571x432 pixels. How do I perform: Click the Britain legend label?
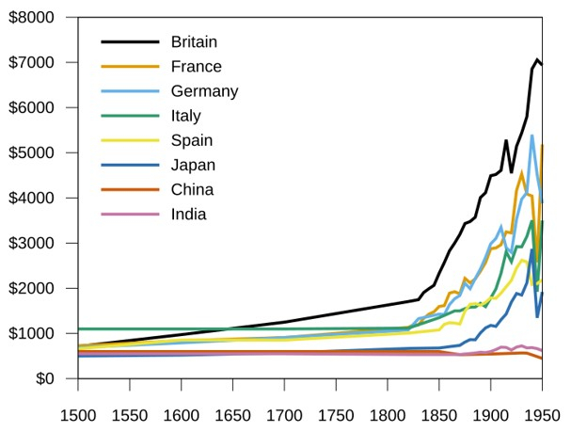pyautogui.click(x=194, y=41)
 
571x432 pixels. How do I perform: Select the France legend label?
pyautogui.click(x=196, y=67)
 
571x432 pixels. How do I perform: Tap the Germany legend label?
pyautogui.click(x=204, y=91)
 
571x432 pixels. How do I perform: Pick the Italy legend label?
pyautogui.click(x=186, y=116)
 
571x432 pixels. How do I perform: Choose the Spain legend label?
pyautogui.click(x=192, y=140)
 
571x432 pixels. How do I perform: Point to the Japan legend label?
pyautogui.click(x=193, y=165)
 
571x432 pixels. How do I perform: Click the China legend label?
pyautogui.click(x=192, y=189)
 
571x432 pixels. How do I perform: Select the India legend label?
pyautogui.click(x=188, y=214)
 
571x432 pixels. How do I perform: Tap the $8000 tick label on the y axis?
pyautogui.click(x=31, y=18)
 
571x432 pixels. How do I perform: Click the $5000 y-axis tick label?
pyautogui.click(x=31, y=153)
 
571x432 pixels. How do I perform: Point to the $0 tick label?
pyautogui.click(x=42, y=379)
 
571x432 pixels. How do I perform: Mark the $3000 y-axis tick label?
pyautogui.click(x=31, y=244)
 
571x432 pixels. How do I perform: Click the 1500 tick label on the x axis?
pyautogui.click(x=77, y=415)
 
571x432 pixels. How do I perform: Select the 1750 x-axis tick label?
pyautogui.click(x=335, y=415)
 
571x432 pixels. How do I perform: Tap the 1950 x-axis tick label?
pyautogui.click(x=541, y=415)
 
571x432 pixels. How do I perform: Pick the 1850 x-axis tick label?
pyautogui.click(x=438, y=415)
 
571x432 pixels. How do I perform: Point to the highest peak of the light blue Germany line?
pyautogui.click(x=531, y=136)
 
